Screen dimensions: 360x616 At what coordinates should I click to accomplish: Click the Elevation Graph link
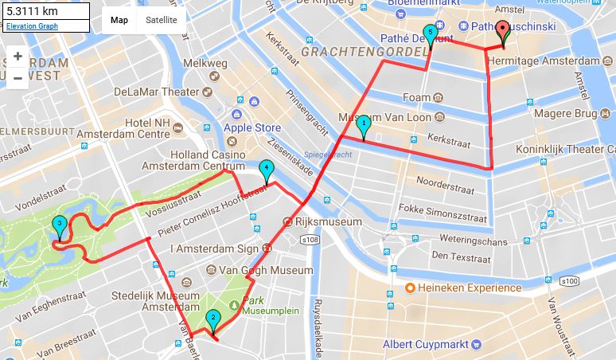31,26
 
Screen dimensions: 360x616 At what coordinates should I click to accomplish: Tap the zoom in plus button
18,57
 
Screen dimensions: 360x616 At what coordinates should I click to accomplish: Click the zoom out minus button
18,78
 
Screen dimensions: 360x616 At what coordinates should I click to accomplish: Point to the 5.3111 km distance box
45,11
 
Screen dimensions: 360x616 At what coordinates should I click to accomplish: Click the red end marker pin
503,33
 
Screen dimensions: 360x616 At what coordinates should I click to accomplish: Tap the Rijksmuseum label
323,222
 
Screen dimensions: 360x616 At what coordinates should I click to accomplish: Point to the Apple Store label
251,127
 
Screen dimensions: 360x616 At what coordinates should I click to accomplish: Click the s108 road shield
310,240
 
